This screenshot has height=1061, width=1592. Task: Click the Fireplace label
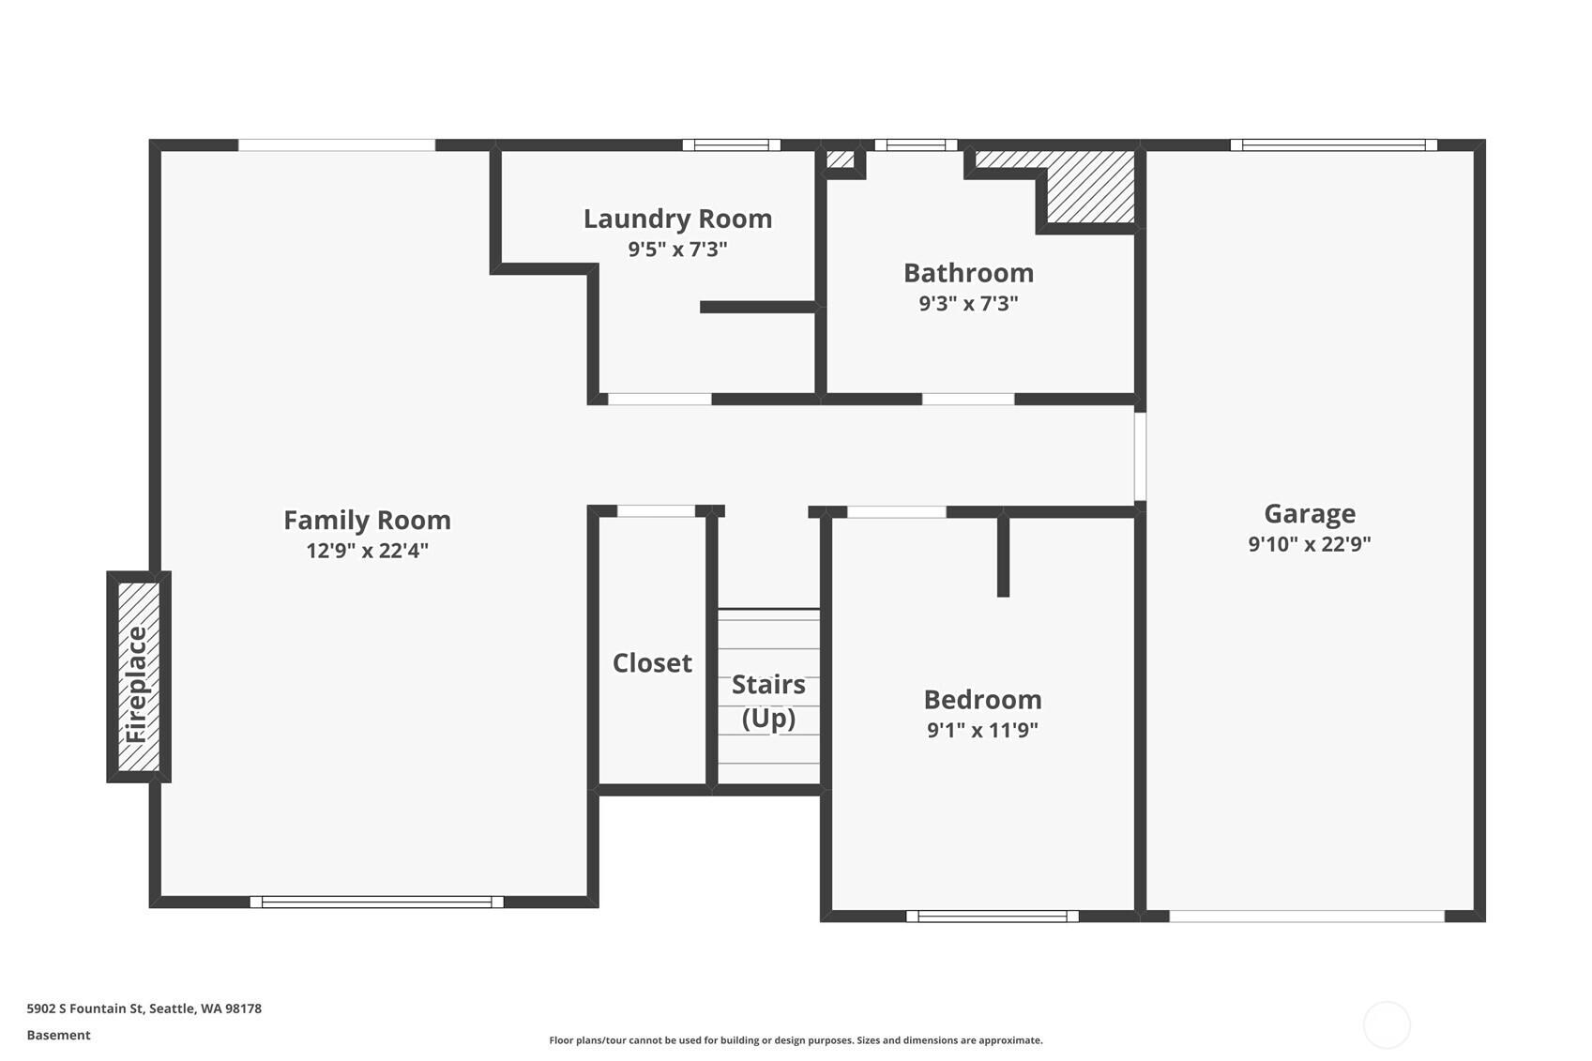pos(136,685)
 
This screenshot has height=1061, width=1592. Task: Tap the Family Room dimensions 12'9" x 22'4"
pos(368,551)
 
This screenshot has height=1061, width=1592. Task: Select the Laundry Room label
pos(678,219)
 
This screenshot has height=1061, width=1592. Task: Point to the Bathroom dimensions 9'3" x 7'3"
pos(969,303)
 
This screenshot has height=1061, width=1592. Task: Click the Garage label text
pos(1310,514)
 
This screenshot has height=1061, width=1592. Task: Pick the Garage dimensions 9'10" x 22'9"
pos(1310,544)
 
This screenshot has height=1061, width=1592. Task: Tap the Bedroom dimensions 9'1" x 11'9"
pos(983,730)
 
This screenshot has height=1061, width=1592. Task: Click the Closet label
pos(652,663)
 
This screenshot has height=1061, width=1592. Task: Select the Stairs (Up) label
pos(768,701)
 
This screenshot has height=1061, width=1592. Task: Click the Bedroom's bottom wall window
pos(993,917)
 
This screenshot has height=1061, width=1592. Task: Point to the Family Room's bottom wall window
pos(377,902)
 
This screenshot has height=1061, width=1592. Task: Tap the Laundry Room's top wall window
pos(732,145)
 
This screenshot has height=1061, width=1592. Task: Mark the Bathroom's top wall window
pos(917,145)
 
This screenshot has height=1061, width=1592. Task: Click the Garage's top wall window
pos(1334,145)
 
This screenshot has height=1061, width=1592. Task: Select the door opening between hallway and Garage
pos(1140,457)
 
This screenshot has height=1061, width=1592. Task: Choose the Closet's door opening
pos(656,511)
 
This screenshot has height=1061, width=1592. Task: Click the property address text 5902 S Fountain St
pos(86,1008)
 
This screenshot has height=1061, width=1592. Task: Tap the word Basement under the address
pos(59,1035)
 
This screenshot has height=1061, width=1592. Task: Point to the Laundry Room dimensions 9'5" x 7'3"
pos(678,250)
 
